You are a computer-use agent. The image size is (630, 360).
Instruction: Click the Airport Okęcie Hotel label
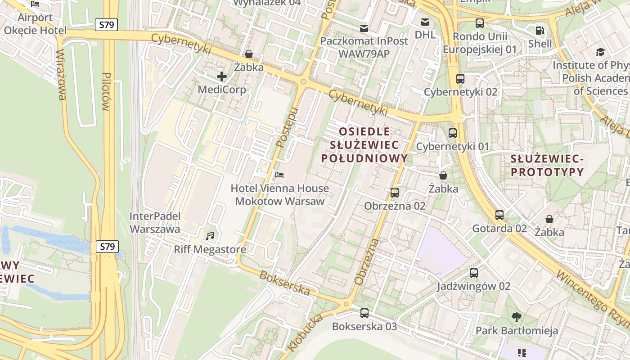pyautogui.click(x=35, y=24)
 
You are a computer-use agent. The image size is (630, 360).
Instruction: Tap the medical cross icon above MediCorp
pyautogui.click(x=221, y=76)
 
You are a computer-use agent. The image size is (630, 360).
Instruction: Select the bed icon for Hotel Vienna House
pyautogui.click(x=279, y=175)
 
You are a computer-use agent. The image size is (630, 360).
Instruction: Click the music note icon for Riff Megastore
pyautogui.click(x=210, y=236)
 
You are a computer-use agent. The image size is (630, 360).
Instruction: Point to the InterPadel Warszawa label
pyautogui.click(x=155, y=222)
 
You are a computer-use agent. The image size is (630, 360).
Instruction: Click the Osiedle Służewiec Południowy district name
pyautogui.click(x=364, y=145)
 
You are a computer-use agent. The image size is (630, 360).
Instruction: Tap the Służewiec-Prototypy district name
pyautogui.click(x=547, y=165)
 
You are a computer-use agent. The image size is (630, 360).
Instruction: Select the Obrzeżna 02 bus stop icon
pyautogui.click(x=395, y=193)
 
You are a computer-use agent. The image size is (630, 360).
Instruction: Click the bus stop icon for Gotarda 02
pyautogui.click(x=499, y=215)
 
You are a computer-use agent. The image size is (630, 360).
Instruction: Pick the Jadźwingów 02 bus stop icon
pyautogui.click(x=473, y=273)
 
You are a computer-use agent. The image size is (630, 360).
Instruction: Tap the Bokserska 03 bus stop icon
pyautogui.click(x=364, y=313)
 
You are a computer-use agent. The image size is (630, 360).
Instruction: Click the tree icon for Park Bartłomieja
pyautogui.click(x=517, y=317)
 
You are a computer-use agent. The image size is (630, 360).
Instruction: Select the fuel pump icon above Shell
pyautogui.click(x=540, y=31)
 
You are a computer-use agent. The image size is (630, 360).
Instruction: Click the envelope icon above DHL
pyautogui.click(x=425, y=22)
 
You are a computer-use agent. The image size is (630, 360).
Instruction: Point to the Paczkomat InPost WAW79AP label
pyautogui.click(x=364, y=47)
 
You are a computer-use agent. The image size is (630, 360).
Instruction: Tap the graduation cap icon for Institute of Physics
pyautogui.click(x=600, y=52)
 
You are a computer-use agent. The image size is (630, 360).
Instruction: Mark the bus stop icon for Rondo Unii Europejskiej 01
pyautogui.click(x=480, y=23)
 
